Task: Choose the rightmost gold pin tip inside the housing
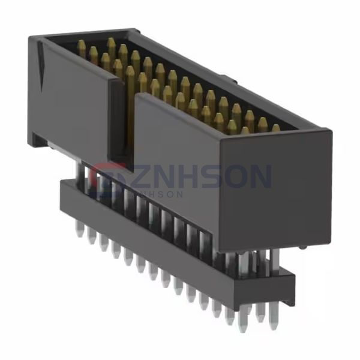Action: coord(275,127)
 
